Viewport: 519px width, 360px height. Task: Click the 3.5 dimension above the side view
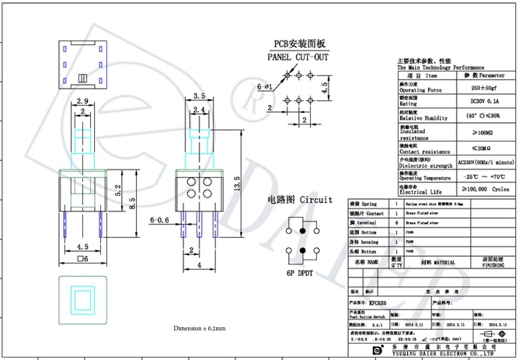[199, 96]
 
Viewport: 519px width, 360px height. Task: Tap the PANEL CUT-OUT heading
[298, 58]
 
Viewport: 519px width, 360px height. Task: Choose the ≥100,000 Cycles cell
[482, 188]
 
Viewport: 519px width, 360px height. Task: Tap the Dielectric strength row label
[425, 166]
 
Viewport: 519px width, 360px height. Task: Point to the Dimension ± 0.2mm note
[199, 328]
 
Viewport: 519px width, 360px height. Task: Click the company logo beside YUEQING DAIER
[377, 350]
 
